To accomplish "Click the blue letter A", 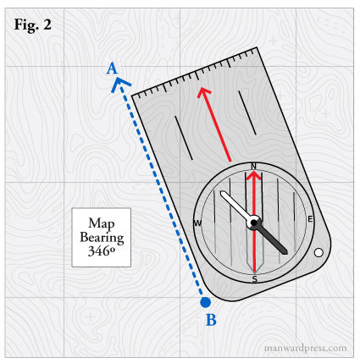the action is pos(112,69).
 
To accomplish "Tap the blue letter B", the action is pos(211,320).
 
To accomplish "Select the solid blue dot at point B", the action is pos(205,302).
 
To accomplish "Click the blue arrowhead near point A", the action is pos(120,84).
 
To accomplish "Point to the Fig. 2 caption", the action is pos(33,25).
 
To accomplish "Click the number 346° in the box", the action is pos(102,250).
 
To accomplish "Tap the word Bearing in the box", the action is pos(102,238).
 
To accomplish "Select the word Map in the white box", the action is pos(102,223).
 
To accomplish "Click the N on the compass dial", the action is pos(253,166).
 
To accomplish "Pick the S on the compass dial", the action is pos(255,279).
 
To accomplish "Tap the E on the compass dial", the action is pos(310,219).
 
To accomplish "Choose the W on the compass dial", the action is pos(197,223).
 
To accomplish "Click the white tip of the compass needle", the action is pos(223,194).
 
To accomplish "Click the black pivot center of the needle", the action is pos(254,223).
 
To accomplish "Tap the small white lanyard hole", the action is pos(318,253).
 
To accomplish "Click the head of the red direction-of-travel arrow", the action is pos(203,91).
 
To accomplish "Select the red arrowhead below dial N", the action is pos(254,175).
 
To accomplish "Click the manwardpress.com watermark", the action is pos(306,349).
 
